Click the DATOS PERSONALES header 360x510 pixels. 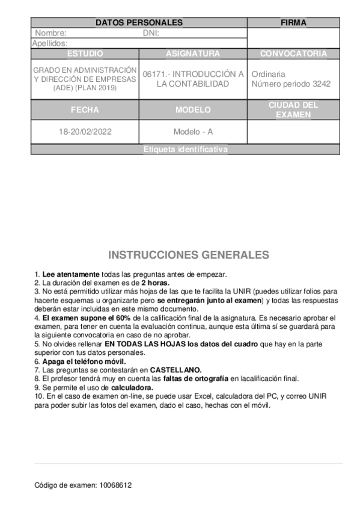click(139, 23)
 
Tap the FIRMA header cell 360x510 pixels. click(293, 23)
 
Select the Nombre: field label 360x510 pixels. click(50, 33)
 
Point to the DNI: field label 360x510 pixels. click(151, 33)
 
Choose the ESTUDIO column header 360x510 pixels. click(85, 54)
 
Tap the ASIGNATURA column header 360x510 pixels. click(193, 54)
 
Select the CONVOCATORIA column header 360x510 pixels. click(293, 54)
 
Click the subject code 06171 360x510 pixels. click(155, 74)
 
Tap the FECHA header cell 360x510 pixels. click(85, 110)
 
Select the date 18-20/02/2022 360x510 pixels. click(85, 131)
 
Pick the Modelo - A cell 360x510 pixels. click(193, 131)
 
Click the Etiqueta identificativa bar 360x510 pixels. click(185, 150)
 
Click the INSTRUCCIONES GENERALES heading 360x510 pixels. click(188, 255)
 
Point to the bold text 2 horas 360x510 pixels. click(155, 283)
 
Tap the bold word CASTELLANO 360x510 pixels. click(175, 370)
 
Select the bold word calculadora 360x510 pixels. click(132, 388)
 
